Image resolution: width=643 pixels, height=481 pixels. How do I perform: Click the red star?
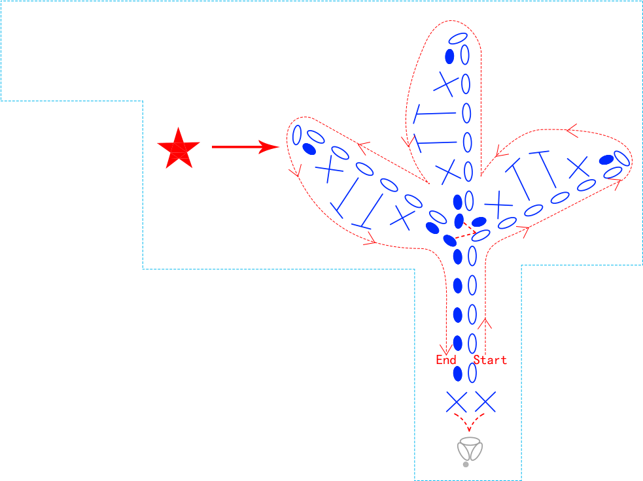pyautogui.click(x=179, y=149)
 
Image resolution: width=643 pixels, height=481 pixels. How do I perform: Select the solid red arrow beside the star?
pyautogui.click(x=245, y=146)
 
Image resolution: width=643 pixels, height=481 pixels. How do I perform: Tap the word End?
pyautogui.click(x=445, y=359)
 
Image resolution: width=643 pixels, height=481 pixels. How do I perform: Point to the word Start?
pyautogui.click(x=490, y=359)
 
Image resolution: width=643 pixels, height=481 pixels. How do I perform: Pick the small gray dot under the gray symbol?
pyautogui.click(x=466, y=465)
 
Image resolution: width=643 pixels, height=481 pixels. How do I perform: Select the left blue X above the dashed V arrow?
pyautogui.click(x=457, y=402)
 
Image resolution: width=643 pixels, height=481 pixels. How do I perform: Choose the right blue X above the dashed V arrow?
pyautogui.click(x=485, y=401)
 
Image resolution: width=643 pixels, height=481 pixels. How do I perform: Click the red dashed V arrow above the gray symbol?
pyautogui.click(x=469, y=422)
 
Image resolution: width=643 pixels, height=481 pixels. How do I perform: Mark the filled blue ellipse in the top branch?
pyautogui.click(x=450, y=57)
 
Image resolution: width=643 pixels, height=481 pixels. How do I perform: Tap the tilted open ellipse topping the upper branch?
pyautogui.click(x=458, y=39)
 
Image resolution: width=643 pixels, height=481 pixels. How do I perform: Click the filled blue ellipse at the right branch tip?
pyautogui.click(x=606, y=159)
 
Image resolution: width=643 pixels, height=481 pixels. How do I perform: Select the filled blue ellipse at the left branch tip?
pyautogui.click(x=309, y=149)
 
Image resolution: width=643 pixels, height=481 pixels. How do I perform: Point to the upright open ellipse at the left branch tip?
pyautogui.click(x=297, y=135)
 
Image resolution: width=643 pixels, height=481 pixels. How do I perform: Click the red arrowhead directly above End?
pyautogui.click(x=446, y=350)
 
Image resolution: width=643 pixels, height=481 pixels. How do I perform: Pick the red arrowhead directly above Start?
pyautogui.click(x=485, y=323)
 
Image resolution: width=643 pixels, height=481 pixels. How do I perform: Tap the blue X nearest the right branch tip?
pyautogui.click(x=578, y=167)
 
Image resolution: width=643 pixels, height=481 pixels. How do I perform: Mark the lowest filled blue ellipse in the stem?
pyautogui.click(x=458, y=374)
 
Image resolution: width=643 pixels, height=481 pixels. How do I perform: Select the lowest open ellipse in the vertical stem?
pyautogui.click(x=472, y=373)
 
